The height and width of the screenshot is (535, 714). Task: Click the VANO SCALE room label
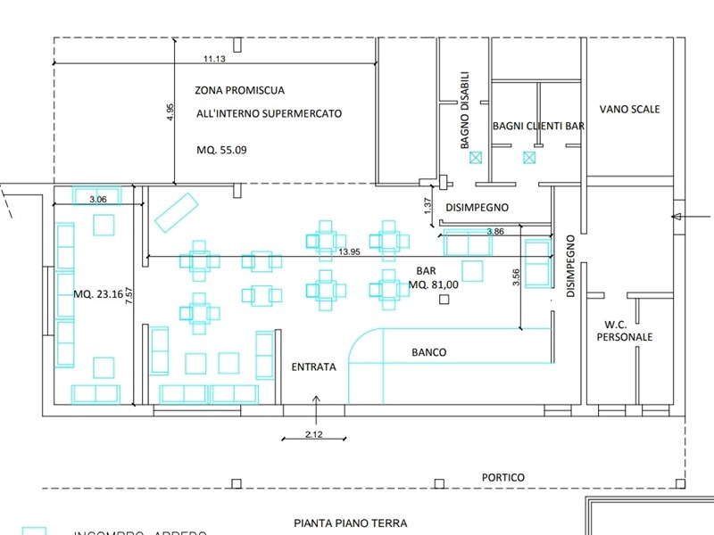(x=630, y=109)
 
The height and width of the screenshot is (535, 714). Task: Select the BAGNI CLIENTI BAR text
(x=538, y=127)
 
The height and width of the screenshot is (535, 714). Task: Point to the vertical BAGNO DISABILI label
(x=465, y=109)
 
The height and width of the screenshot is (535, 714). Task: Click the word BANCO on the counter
(x=428, y=352)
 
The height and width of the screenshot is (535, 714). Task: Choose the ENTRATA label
(x=314, y=366)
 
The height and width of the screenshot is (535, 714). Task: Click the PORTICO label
(x=503, y=477)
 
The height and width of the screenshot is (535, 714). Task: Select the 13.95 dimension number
(x=350, y=252)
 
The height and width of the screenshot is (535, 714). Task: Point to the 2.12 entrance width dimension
(x=314, y=434)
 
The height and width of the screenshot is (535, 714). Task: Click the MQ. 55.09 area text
(x=221, y=150)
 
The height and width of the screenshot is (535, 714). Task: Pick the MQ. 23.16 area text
(x=96, y=293)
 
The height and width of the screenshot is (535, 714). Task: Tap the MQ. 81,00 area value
(x=434, y=284)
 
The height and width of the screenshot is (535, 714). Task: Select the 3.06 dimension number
(x=98, y=200)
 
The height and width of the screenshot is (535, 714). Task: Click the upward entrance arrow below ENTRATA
(x=315, y=399)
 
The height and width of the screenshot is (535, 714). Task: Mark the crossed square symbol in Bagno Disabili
(x=476, y=158)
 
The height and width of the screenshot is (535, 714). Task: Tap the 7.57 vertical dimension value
(x=130, y=297)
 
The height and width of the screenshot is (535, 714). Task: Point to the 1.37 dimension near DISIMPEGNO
(x=428, y=205)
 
